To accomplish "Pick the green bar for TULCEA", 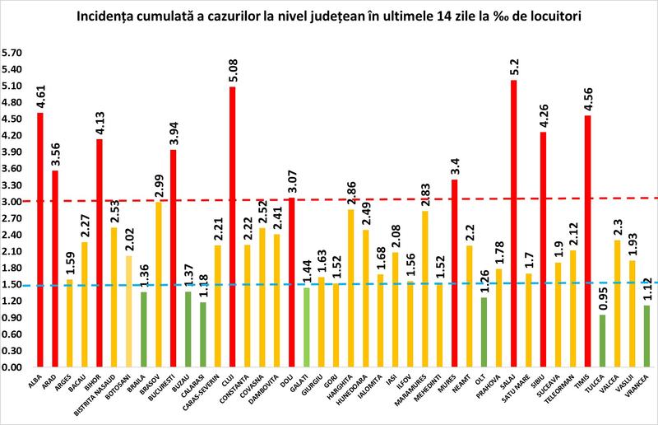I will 603,340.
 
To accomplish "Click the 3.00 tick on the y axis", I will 13,202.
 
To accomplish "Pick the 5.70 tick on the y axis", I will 13,53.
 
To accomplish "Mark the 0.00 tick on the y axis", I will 13,367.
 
